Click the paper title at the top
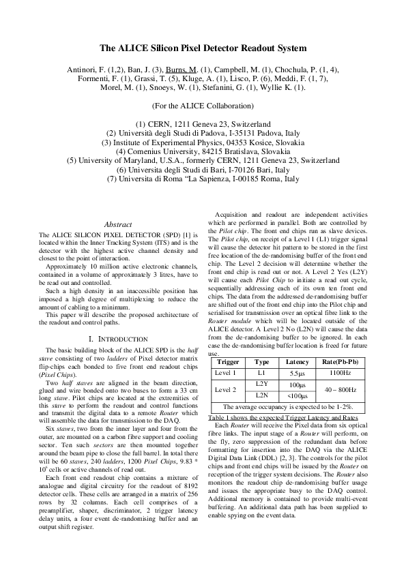[x=203, y=48]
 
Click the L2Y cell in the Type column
[x=261, y=384]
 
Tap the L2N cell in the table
[x=261, y=395]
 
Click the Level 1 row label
[x=226, y=373]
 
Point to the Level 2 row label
[x=226, y=389]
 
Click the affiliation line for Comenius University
[x=203, y=151]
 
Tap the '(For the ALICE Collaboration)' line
[x=203, y=106]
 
